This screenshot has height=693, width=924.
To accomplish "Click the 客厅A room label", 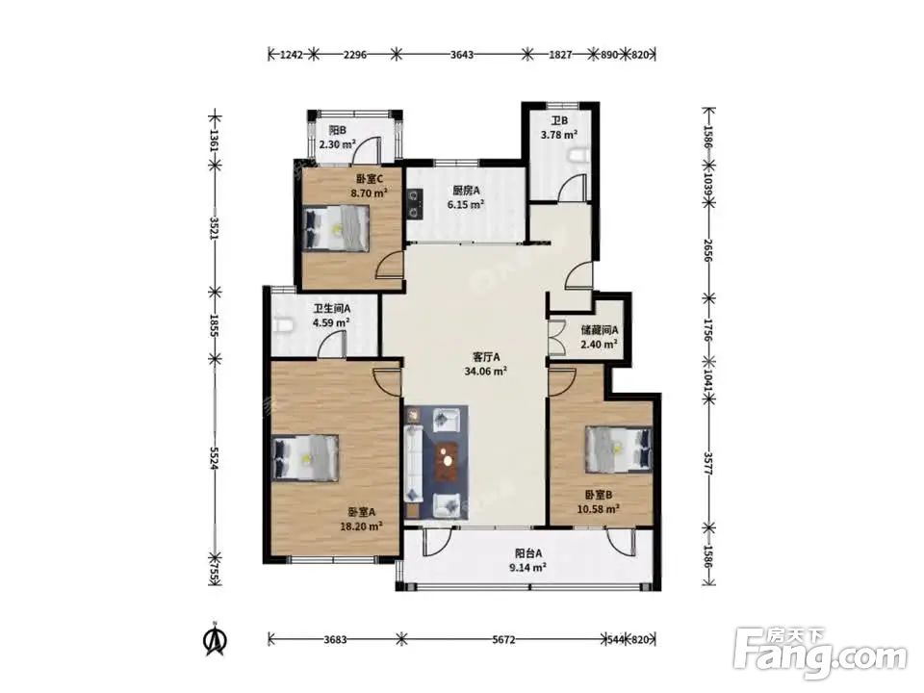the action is click(x=486, y=357).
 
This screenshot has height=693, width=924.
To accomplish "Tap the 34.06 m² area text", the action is click(x=485, y=372).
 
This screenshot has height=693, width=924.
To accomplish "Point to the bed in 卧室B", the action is click(x=619, y=449).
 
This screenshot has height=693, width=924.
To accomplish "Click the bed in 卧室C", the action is click(x=337, y=229).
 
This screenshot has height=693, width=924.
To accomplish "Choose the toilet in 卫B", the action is click(x=579, y=155).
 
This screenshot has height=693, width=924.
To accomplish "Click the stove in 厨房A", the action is click(x=415, y=203).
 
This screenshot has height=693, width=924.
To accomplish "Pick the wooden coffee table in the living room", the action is click(x=448, y=461).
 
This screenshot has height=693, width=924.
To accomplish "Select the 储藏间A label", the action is click(x=600, y=330).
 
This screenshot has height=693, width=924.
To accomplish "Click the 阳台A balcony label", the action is click(x=528, y=553).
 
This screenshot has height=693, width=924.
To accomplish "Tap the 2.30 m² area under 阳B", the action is click(x=337, y=144).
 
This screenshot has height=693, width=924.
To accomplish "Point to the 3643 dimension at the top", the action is click(x=462, y=55).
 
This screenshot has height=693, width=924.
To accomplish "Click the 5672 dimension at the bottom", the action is click(x=503, y=639).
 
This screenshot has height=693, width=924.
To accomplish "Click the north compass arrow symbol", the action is click(x=216, y=640).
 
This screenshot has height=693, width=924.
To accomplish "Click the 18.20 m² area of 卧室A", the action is click(x=361, y=526).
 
